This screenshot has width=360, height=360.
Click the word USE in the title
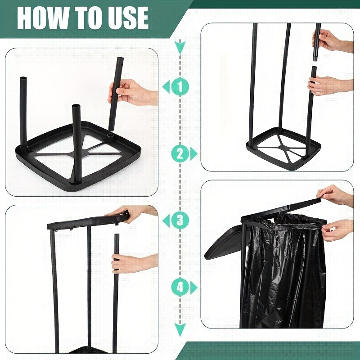[126, 18]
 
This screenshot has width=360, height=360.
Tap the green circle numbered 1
[180, 87]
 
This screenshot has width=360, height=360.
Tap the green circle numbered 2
[180, 154]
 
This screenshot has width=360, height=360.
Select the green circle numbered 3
[180, 220]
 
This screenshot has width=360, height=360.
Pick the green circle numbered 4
[180, 287]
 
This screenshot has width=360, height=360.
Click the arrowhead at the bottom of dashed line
[180, 332]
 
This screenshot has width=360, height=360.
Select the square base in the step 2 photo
[283, 148]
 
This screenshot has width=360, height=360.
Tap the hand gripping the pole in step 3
[130, 263]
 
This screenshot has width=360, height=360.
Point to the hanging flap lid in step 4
[225, 243]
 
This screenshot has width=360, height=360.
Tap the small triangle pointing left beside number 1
[166, 87]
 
